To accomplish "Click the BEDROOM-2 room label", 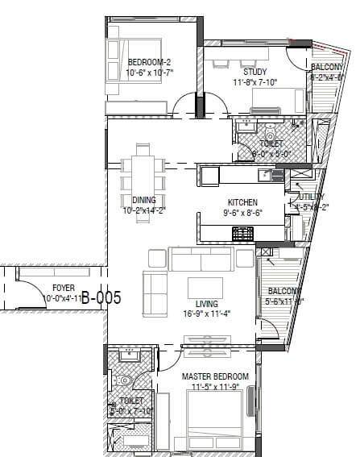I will (150, 62).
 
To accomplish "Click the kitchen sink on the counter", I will (265, 175).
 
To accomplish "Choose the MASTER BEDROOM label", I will (215, 377).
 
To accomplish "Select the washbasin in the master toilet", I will (126, 355).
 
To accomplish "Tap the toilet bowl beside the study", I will (270, 134).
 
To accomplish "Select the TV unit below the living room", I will (208, 350).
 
